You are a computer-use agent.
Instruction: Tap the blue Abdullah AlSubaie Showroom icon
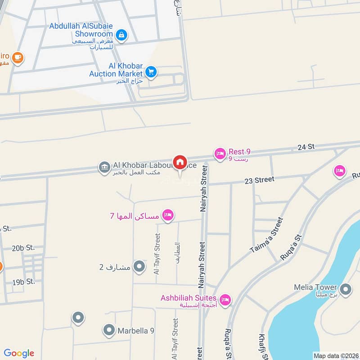121,34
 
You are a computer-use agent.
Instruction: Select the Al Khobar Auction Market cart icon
151,72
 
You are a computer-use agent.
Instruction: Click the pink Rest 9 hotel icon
220,154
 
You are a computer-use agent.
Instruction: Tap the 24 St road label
306,147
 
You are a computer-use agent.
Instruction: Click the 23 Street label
259,180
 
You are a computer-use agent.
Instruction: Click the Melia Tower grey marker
346,289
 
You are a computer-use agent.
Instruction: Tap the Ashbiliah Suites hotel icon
225,299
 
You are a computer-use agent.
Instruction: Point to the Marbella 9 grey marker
108,331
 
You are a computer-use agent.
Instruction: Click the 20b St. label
23,248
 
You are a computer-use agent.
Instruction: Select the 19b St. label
23,282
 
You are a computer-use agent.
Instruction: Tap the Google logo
19,353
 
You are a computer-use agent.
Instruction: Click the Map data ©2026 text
335,355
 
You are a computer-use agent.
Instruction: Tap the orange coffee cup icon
18,58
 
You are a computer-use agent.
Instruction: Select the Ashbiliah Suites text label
189,298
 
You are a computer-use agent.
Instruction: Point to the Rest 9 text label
239,152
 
